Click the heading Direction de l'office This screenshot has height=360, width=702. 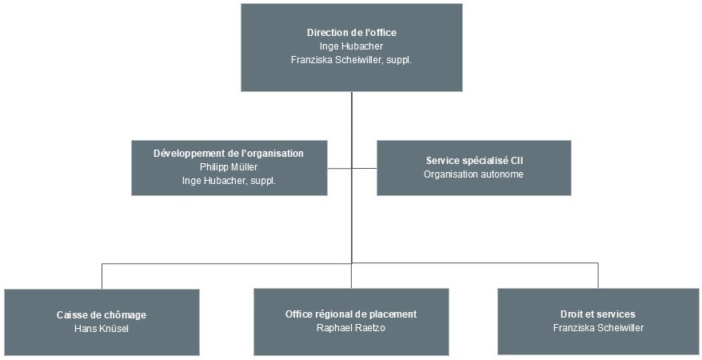click(352, 33)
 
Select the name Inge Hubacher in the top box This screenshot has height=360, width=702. click(352, 46)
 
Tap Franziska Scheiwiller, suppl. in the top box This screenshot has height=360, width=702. click(352, 60)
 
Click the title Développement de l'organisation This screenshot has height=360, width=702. click(229, 154)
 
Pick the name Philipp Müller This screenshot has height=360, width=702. click(229, 167)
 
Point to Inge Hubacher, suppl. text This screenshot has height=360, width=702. click(229, 181)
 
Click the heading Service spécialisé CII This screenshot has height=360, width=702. click(475, 161)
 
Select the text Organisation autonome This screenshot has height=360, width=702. click(473, 174)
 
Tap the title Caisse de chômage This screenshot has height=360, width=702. click(102, 315)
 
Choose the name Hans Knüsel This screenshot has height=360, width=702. click(102, 329)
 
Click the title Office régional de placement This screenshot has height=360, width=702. click(351, 314)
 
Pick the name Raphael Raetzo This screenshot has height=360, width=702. click(351, 328)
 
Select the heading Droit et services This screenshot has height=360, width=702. click(598, 314)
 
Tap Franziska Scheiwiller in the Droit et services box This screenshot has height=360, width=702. click(598, 328)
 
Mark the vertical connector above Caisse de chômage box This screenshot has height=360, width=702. click(102, 276)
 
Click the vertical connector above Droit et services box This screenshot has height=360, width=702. click(598, 275)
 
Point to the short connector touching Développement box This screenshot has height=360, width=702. click(339, 168)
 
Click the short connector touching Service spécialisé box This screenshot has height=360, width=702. click(365, 168)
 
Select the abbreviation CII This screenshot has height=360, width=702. click(517, 161)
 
